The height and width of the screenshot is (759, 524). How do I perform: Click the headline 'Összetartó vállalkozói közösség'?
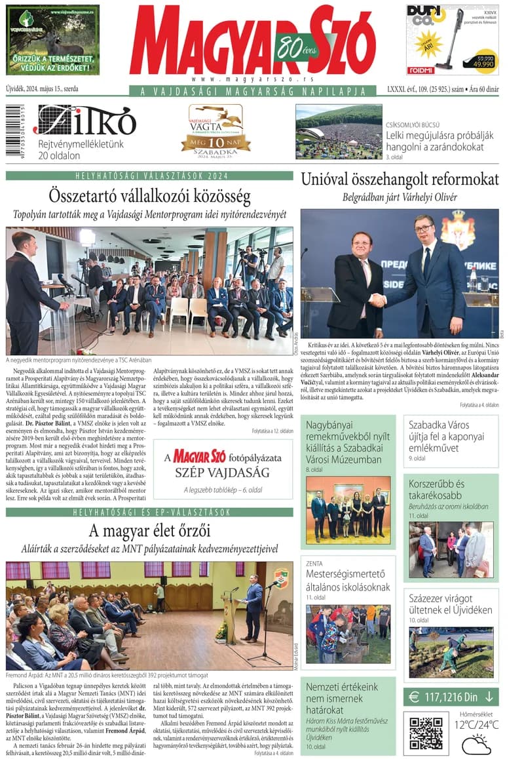(x=149, y=195)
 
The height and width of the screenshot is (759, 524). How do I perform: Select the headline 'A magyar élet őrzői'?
(x=149, y=530)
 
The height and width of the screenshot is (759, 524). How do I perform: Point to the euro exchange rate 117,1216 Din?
(x=451, y=696)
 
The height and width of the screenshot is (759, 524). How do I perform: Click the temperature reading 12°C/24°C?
(x=476, y=724)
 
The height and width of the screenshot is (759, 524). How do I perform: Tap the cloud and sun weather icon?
(x=476, y=744)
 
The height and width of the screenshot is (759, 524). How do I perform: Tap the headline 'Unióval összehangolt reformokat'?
(x=400, y=179)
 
